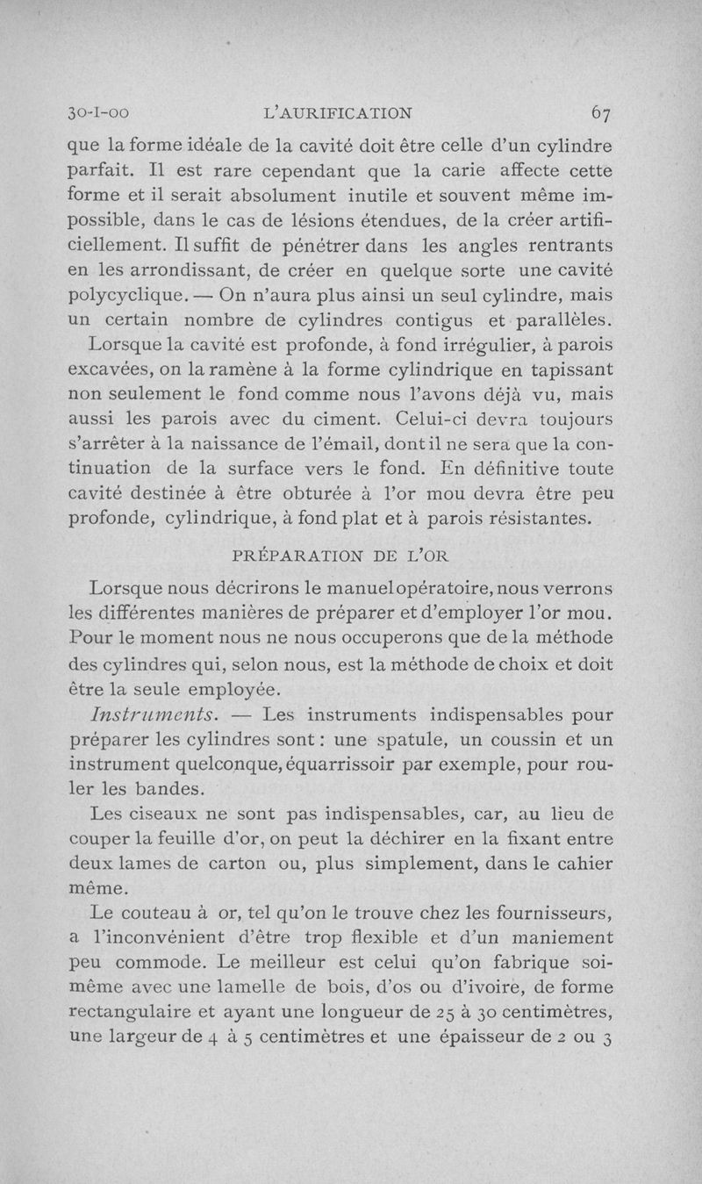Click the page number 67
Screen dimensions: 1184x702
coord(601,112)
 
